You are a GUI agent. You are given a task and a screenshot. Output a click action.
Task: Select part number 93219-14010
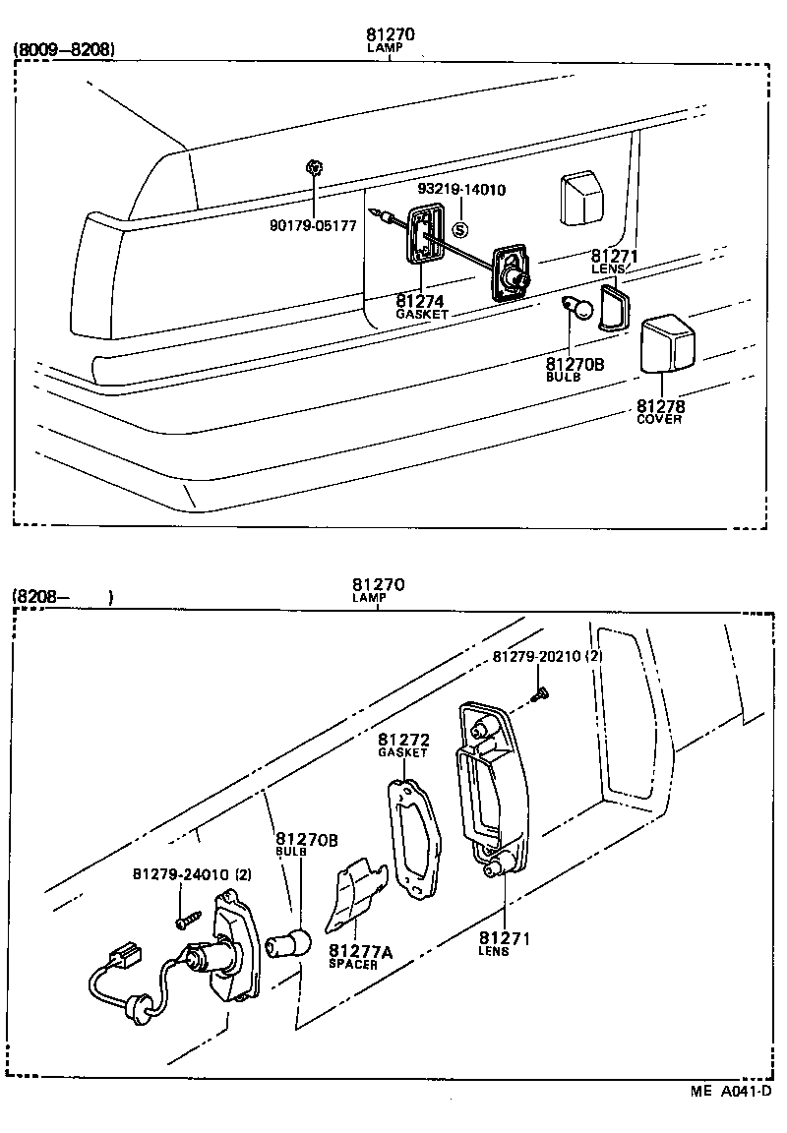tap(461, 190)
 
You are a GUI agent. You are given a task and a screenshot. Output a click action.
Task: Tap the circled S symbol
tap(459, 230)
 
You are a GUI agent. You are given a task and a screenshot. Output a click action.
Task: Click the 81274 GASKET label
tap(422, 306)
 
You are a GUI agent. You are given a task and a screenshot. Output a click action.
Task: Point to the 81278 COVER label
tap(659, 411)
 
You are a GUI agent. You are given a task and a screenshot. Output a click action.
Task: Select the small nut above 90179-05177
tap(313, 168)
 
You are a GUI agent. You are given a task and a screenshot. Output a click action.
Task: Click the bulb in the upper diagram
tap(580, 310)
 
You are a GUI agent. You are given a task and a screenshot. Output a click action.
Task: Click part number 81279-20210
tap(540, 656)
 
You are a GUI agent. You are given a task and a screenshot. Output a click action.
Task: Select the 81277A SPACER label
tap(359, 956)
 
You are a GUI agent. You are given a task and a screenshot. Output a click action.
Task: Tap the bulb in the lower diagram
tap(296, 943)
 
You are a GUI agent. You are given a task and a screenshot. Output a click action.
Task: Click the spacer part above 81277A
tap(354, 890)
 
